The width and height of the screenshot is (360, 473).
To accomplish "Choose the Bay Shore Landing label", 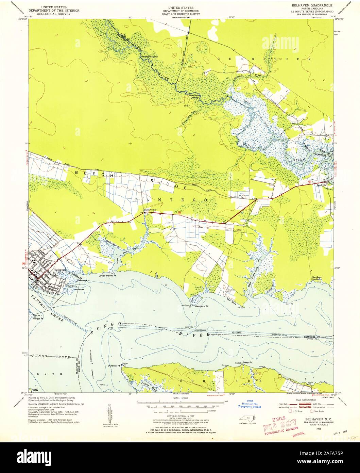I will [x=317, y=279].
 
